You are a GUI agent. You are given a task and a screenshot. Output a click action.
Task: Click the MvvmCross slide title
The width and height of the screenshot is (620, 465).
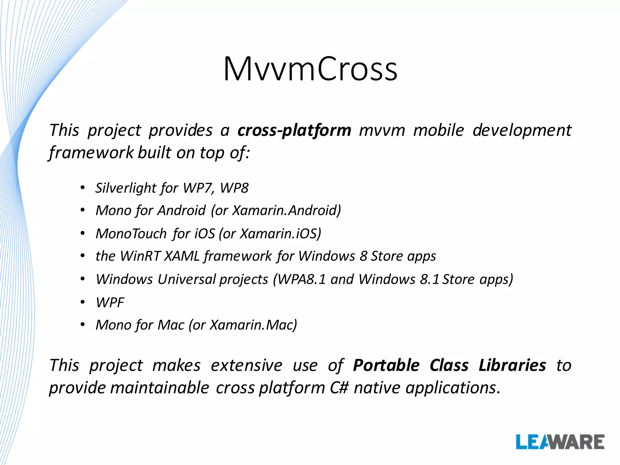(310, 69)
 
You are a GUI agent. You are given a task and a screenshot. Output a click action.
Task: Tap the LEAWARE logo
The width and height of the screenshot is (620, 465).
(560, 442)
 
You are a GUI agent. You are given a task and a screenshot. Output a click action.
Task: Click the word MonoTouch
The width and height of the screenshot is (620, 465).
(131, 234)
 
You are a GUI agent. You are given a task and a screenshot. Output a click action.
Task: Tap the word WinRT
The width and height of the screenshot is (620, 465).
(140, 256)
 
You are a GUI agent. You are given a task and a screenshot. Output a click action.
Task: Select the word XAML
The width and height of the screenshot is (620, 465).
(182, 256)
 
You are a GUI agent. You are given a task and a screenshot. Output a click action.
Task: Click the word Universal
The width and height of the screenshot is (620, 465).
(187, 279)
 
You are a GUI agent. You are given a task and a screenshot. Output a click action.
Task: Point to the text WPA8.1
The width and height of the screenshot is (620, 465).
(302, 279)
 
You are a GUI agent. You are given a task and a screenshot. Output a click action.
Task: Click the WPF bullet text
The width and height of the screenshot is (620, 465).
(110, 302)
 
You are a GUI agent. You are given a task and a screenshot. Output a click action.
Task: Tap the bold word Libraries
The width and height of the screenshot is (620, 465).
(512, 365)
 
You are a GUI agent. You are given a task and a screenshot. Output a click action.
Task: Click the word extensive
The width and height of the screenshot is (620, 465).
(246, 365)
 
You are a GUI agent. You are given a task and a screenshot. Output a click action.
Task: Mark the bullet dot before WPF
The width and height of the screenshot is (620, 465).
(83, 302)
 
